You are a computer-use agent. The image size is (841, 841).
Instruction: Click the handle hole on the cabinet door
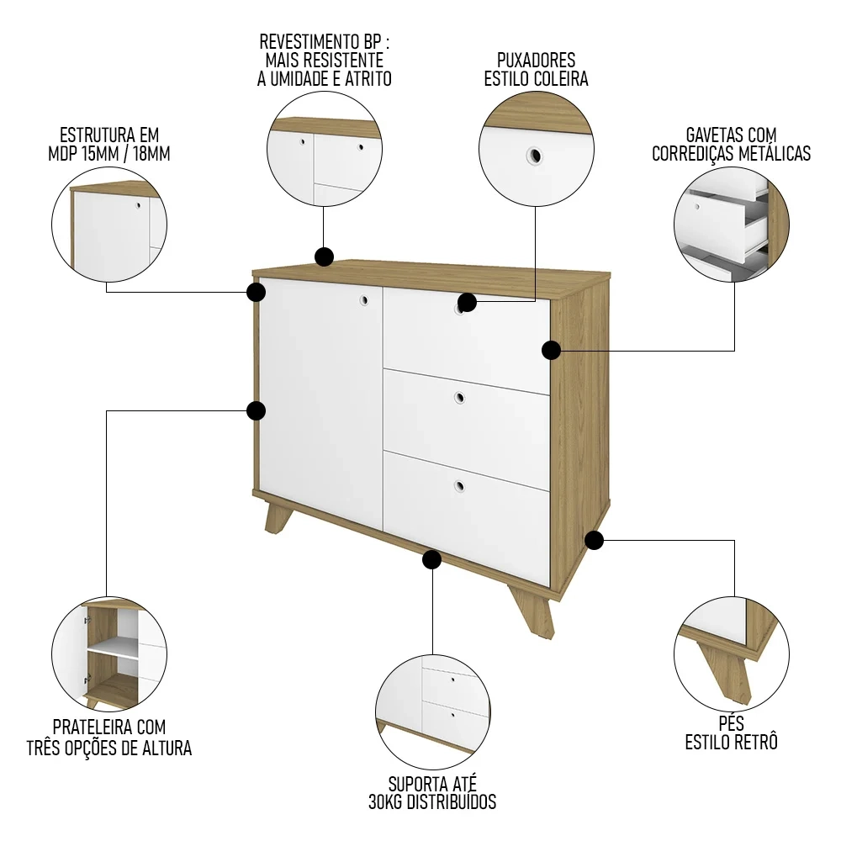tap(364, 299)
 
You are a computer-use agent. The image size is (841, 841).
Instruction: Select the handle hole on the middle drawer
tap(459, 398)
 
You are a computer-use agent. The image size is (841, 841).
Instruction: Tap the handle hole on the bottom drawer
tap(459, 485)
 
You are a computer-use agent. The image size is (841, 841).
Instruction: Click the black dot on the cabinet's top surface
tap(323, 257)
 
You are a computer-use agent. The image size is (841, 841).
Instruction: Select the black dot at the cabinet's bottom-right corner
tap(594, 540)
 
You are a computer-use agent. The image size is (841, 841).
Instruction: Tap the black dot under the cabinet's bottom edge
tap(432, 559)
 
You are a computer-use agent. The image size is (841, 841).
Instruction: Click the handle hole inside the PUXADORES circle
tap(533, 155)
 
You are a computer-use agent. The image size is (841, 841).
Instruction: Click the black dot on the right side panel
tap(551, 350)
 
